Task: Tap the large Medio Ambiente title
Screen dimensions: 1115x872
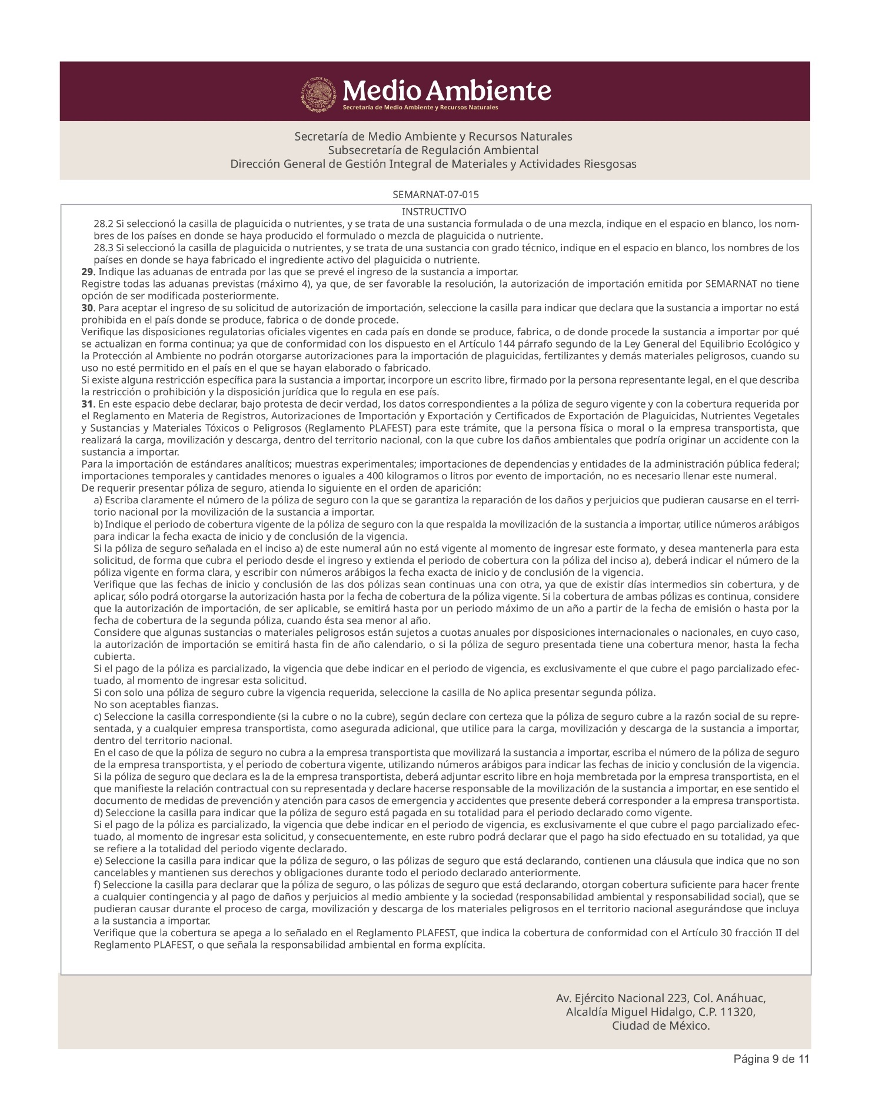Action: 447,91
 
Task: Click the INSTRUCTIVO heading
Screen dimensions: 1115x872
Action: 434,212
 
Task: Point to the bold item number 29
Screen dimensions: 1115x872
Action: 86,272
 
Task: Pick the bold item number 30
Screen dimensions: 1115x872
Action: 86,308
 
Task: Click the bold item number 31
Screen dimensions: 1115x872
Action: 86,404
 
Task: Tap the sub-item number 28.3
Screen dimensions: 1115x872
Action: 103,248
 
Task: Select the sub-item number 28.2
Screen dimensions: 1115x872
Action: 103,224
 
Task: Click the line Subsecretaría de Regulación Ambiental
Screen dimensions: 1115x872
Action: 433,150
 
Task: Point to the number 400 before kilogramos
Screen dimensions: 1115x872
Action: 375,476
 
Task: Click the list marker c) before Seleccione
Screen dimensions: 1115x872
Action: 98,716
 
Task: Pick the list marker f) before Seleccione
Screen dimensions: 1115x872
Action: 98,884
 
